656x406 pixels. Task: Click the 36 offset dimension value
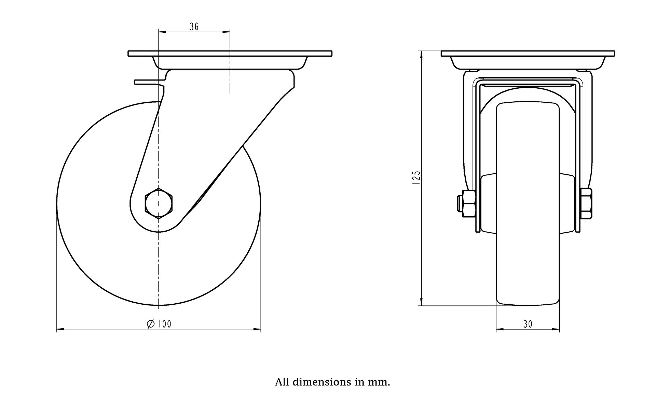pyautogui.click(x=194, y=27)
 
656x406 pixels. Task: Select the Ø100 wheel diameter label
pyautogui.click(x=159, y=324)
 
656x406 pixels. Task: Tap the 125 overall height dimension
pyautogui.click(x=416, y=178)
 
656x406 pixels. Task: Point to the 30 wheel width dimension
pyautogui.click(x=528, y=324)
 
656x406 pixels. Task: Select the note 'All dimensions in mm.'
pyautogui.click(x=332, y=382)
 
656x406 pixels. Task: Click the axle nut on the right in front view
pyautogui.click(x=586, y=203)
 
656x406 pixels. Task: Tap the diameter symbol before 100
pyautogui.click(x=151, y=324)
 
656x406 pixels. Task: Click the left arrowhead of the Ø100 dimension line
pyautogui.click(x=60, y=330)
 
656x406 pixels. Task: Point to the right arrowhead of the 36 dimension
pyautogui.click(x=226, y=32)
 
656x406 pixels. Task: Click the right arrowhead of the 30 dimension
pyautogui.click(x=556, y=330)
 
